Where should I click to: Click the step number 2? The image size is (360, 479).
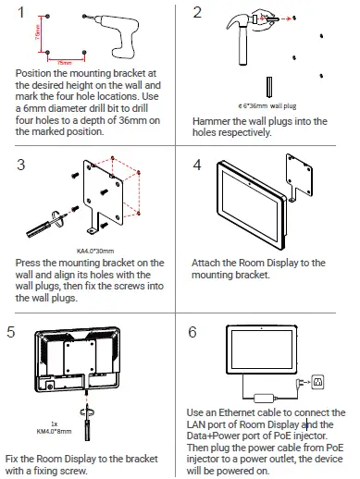pyautogui.click(x=197, y=13)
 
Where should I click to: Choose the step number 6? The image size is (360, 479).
pyautogui.click(x=197, y=331)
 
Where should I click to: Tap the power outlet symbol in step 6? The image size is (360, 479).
pyautogui.click(x=319, y=381)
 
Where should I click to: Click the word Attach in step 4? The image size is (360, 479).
pyautogui.click(x=208, y=264)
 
